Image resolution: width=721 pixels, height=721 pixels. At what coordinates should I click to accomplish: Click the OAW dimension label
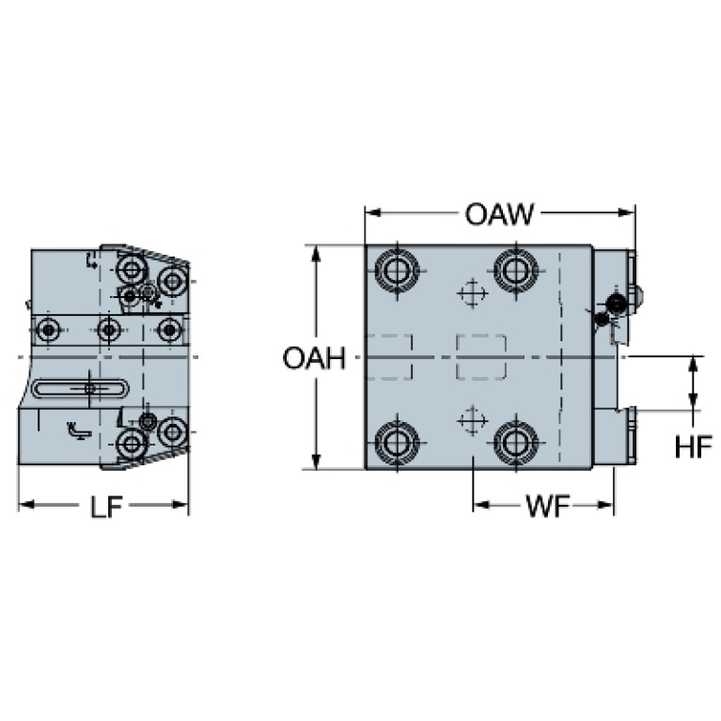(499, 214)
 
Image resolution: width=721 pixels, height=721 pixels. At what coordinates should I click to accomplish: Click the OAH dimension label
(313, 359)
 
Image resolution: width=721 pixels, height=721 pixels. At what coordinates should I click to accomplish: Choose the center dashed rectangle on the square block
(481, 357)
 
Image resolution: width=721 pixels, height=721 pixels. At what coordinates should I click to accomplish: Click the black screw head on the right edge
(616, 303)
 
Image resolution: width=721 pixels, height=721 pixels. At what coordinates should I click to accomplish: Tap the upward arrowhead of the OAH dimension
(315, 253)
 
